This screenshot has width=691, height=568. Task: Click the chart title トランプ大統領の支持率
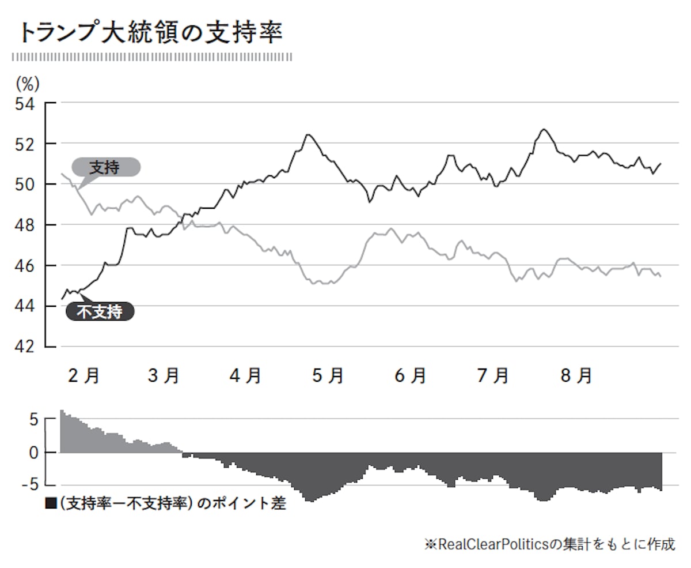point(151,33)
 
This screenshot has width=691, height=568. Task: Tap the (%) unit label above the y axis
point(27,84)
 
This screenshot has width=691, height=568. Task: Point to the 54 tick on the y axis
point(25,104)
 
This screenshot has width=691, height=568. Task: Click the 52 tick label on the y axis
point(25,144)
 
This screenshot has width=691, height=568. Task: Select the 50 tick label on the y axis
point(25,185)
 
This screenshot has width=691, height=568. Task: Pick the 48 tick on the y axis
point(25,225)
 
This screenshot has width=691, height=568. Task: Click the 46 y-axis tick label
point(25,266)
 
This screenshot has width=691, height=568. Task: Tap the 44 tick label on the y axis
point(25,306)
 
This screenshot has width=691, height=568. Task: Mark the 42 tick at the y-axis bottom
point(25,347)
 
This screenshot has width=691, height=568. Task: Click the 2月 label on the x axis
point(83,376)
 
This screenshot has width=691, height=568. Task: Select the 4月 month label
point(246,376)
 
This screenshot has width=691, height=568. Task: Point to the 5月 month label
point(328,376)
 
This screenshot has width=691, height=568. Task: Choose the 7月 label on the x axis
point(493,376)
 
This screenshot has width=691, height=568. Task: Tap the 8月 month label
point(576,376)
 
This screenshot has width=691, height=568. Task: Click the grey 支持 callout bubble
point(105,167)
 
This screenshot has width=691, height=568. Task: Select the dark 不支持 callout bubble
point(100,312)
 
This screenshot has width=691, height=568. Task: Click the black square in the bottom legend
point(51,503)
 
